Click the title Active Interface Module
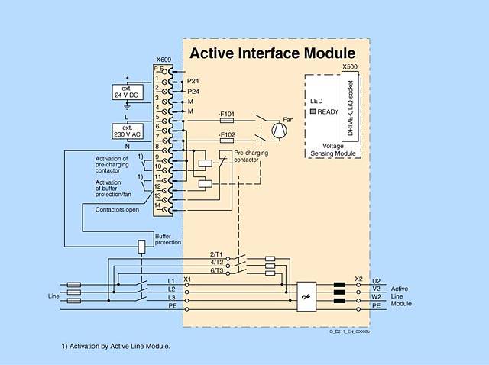(272, 53)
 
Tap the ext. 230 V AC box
(128, 131)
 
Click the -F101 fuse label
(227, 113)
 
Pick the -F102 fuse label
(227, 134)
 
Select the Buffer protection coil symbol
(141, 247)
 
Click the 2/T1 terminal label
(217, 254)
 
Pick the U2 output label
(376, 281)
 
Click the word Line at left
(53, 295)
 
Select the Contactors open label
(117, 209)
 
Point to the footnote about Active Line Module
(116, 346)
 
